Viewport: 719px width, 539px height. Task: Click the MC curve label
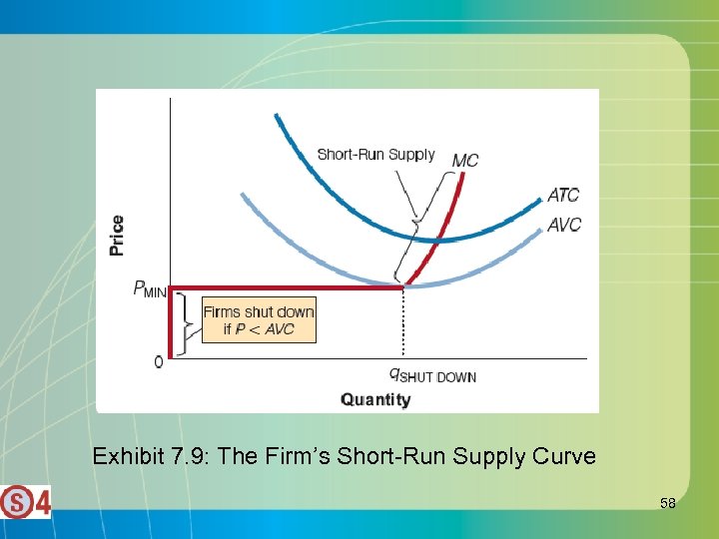tap(465, 160)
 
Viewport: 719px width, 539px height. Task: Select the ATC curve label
tap(564, 195)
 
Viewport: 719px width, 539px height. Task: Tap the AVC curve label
tap(564, 225)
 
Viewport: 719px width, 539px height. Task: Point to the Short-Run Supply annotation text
tap(375, 154)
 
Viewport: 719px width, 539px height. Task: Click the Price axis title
tap(118, 236)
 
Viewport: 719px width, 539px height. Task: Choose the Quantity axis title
tap(375, 399)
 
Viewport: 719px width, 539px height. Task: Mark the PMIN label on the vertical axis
tap(150, 289)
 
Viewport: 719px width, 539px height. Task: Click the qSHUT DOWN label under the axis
tap(432, 375)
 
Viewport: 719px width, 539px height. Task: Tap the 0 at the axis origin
tap(158, 361)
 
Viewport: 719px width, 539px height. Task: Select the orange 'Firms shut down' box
tap(259, 319)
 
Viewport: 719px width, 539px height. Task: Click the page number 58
tap(667, 503)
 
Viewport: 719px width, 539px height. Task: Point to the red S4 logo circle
tap(17, 501)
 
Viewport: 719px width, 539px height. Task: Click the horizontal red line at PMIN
tap(290, 288)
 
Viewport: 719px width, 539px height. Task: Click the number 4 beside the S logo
tap(42, 501)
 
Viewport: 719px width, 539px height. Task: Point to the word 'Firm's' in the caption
tap(300, 457)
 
